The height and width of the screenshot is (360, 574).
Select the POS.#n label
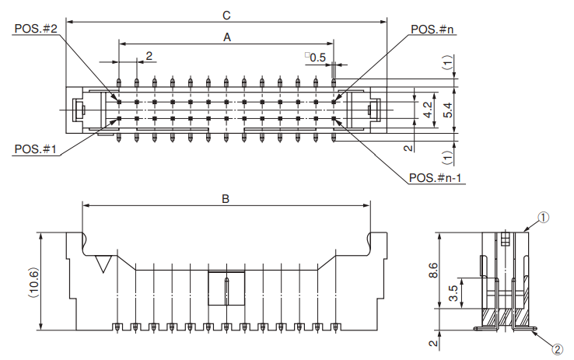click(x=432, y=29)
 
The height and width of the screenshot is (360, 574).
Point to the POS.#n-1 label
click(x=437, y=178)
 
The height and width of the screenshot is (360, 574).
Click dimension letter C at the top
click(x=226, y=15)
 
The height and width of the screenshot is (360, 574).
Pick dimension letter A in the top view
click(x=227, y=37)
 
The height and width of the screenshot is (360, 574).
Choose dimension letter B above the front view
click(x=226, y=199)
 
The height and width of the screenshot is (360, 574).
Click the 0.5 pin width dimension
click(x=317, y=58)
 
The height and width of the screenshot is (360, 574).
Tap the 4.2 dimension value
click(x=427, y=110)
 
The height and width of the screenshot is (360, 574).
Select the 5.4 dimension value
click(x=447, y=110)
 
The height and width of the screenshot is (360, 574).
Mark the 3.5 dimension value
click(x=453, y=292)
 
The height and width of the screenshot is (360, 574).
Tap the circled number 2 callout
click(x=557, y=349)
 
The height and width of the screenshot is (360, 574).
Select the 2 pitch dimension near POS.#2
click(x=148, y=55)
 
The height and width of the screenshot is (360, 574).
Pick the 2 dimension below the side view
click(x=433, y=341)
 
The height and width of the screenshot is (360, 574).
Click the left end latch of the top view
click(x=78, y=110)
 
